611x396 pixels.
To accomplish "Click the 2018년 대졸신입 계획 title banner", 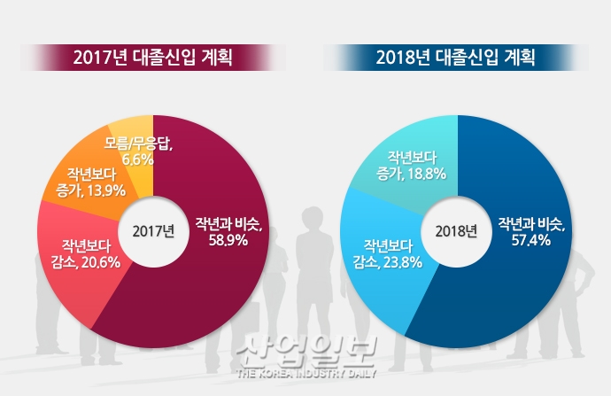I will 458,58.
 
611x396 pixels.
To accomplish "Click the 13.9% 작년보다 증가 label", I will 90,182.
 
